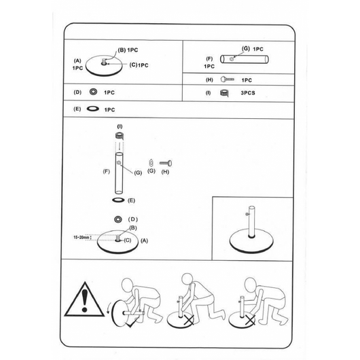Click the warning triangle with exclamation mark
(84, 300)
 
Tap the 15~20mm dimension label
(81, 238)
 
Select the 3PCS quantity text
(248, 93)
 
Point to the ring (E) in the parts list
(93, 109)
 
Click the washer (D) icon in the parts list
(93, 92)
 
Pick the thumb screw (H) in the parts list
(228, 79)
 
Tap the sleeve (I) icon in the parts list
(224, 93)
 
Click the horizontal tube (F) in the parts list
(245, 59)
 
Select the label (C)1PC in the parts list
(139, 65)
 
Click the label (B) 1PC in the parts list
(128, 50)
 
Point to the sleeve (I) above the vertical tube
(120, 136)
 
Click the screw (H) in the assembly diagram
(166, 163)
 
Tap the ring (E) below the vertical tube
(118, 200)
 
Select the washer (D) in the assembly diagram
(118, 219)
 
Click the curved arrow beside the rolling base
(109, 308)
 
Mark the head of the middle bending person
(187, 279)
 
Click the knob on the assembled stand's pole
(247, 214)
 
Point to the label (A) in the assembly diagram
(144, 240)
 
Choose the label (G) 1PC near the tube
(252, 49)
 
